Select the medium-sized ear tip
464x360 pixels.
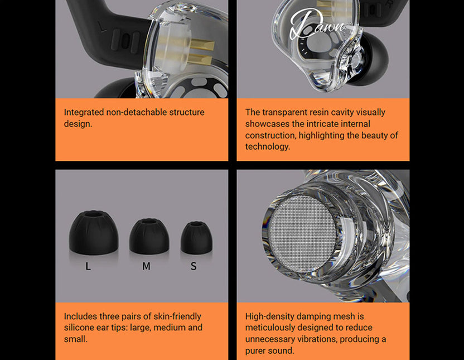149,237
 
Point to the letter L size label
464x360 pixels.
88,267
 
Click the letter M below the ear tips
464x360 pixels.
146,267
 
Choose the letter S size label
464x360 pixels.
194,267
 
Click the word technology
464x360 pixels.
268,147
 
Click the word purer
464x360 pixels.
257,351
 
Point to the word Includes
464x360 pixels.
80,316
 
